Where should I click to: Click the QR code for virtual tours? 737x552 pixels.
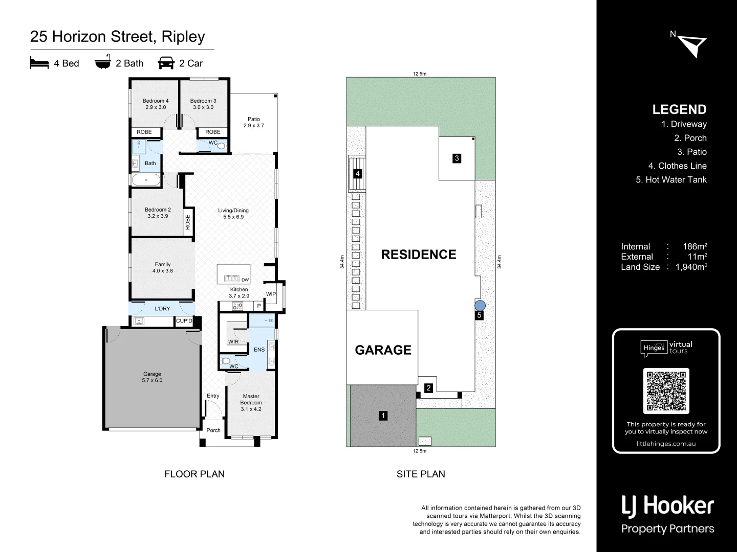click(666, 390)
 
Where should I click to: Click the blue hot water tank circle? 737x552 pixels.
click(480, 305)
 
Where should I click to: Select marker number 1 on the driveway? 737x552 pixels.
click(383, 416)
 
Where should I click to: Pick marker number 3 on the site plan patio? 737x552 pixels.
click(457, 158)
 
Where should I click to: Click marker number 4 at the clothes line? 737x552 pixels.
click(358, 174)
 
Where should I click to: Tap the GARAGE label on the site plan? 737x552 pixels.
click(383, 350)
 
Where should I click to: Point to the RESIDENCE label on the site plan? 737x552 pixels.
click(418, 255)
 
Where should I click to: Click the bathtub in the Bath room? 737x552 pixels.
click(146, 180)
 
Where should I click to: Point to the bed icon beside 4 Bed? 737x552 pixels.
click(39, 63)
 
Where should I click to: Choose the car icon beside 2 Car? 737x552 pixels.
click(166, 63)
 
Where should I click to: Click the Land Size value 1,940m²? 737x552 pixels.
click(691, 267)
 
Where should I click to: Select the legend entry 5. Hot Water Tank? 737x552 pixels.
click(671, 180)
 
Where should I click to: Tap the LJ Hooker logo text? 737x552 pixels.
click(667, 506)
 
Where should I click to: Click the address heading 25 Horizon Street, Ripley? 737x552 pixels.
click(118, 37)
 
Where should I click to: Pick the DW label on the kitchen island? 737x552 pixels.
click(245, 280)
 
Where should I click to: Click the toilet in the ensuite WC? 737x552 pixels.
click(226, 360)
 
